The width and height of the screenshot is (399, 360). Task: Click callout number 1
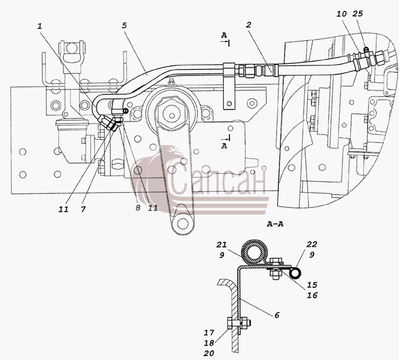coord(39,26)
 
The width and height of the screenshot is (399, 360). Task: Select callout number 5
coord(124,25)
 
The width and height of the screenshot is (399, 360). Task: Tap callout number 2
coord(248,24)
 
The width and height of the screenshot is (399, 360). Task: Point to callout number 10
coord(342,14)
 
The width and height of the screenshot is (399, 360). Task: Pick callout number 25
coord(358,13)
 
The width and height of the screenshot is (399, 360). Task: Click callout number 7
coord(83,209)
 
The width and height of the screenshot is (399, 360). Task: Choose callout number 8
coord(138,208)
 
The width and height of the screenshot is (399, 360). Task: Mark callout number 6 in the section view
coord(277,315)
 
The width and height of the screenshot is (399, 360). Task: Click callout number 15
coord(312,285)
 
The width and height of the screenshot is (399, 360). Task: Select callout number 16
coord(312,295)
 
